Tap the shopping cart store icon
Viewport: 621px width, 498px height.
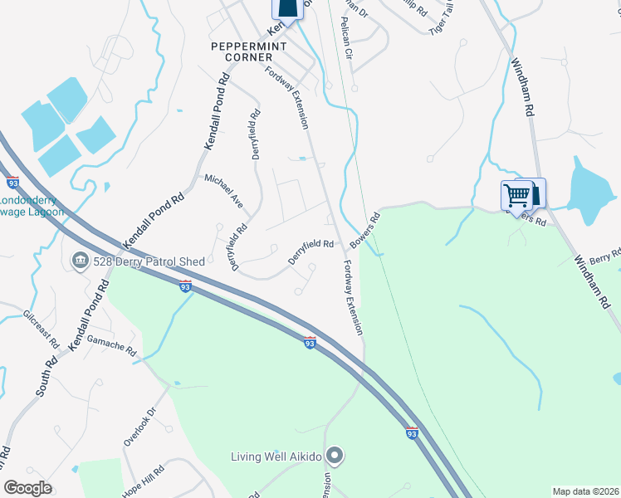pyautogui.click(x=516, y=196)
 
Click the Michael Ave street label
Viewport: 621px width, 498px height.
pyautogui.click(x=224, y=189)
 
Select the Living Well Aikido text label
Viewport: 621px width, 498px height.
pyautogui.click(x=276, y=456)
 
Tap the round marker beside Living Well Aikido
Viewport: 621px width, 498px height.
pyautogui.click(x=335, y=455)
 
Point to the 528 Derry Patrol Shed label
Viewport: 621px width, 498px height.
pyautogui.click(x=149, y=262)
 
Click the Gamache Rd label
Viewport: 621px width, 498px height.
pyautogui.click(x=111, y=346)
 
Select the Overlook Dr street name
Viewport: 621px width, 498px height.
pyautogui.click(x=140, y=427)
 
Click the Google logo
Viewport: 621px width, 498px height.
pyautogui.click(x=27, y=488)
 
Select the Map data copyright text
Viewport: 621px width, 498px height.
pyautogui.click(x=585, y=491)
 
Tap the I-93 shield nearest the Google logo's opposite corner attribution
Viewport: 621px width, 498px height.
pyautogui.click(x=412, y=432)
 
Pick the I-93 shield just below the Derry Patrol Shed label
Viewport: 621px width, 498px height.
pyautogui.click(x=186, y=286)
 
